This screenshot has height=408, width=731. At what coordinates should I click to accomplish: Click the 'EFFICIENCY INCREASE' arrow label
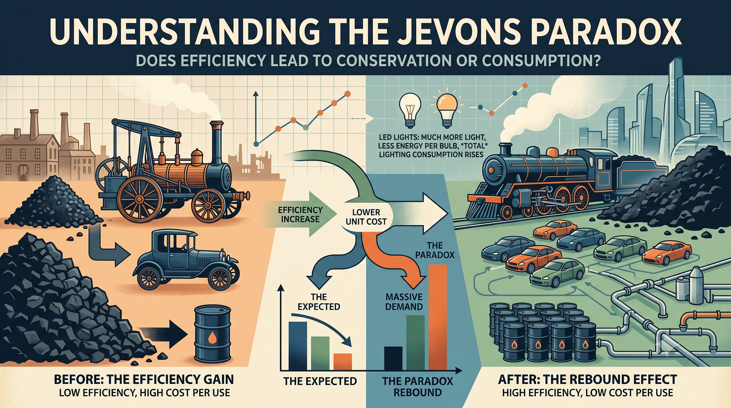(300, 214)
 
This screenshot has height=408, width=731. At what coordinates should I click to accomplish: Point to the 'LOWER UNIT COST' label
(366, 217)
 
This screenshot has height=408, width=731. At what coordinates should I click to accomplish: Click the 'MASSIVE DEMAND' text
(404, 302)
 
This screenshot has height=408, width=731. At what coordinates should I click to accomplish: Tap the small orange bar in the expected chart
(343, 361)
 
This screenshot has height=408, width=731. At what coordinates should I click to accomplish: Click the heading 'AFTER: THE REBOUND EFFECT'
(588, 379)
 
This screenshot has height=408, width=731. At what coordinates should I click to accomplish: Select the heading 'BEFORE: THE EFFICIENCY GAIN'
(143, 379)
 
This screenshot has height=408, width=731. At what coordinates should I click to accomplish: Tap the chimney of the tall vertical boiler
(217, 134)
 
